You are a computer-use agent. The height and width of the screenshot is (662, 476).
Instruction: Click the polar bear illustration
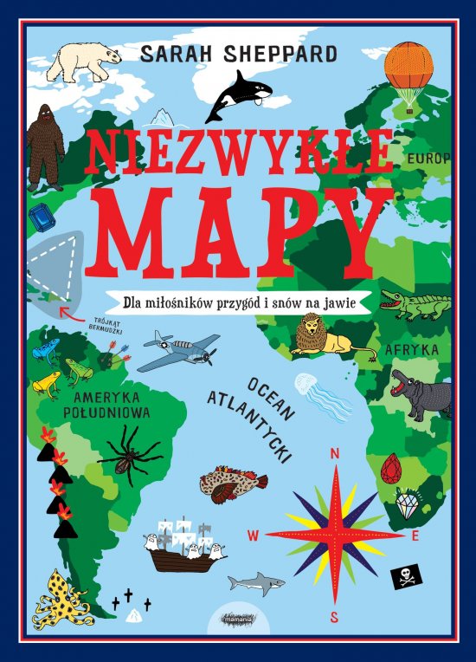84,60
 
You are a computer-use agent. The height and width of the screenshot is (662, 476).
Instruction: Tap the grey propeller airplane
179,349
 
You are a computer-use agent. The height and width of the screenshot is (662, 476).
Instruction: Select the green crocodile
416,304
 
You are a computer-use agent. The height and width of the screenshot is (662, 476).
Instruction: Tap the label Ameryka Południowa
107,406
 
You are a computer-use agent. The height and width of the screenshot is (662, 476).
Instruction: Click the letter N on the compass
335,453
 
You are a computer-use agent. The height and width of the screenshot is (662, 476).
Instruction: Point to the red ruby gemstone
391,469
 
